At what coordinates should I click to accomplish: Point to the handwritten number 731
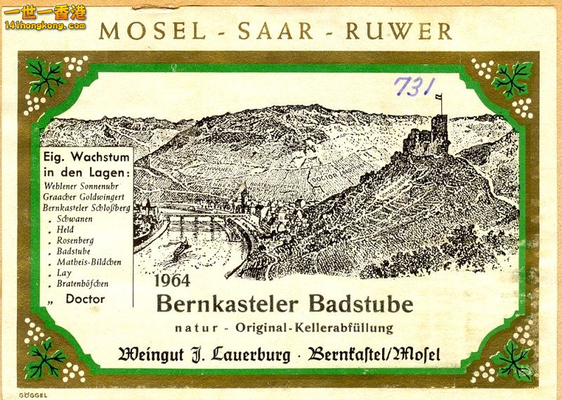(x=414, y=86)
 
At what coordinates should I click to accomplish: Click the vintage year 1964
(x=173, y=280)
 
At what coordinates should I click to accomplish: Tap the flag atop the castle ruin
(x=439, y=98)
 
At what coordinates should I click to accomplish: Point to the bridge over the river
(x=190, y=217)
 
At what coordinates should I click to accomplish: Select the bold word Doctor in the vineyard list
(x=85, y=299)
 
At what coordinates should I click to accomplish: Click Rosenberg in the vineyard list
(x=75, y=240)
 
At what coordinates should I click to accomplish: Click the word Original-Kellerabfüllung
(x=314, y=328)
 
